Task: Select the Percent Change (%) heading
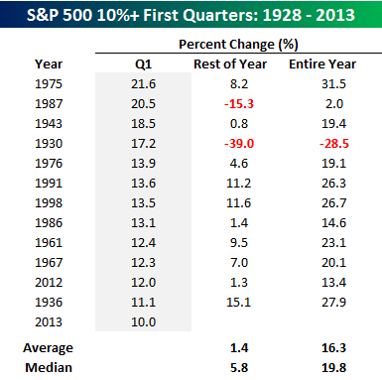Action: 238,45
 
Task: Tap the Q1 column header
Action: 143,64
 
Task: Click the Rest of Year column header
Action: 230,64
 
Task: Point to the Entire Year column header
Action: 322,64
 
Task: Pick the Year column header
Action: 49,64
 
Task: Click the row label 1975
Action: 49,84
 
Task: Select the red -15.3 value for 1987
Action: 239,104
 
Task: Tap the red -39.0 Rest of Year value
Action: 239,144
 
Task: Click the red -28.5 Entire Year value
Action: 334,144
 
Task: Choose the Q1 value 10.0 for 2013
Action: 143,322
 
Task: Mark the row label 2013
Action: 49,322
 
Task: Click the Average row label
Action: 49,348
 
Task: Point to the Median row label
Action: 49,368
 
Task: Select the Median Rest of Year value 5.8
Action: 239,368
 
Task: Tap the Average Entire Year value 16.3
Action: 334,348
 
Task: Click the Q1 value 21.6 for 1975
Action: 143,84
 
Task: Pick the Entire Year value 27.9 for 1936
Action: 334,303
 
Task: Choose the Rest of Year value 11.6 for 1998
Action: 239,203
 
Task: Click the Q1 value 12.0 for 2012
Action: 143,283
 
